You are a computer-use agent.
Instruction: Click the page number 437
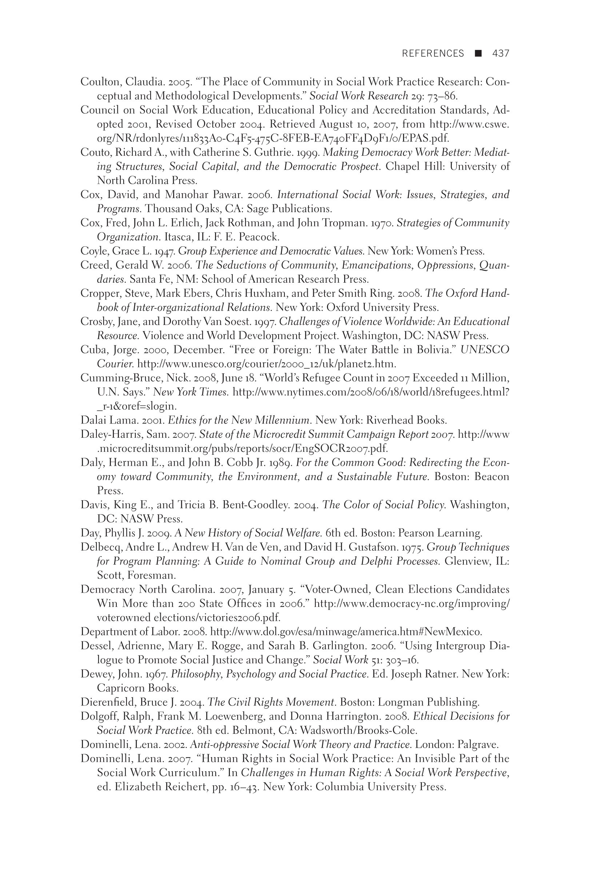click(501, 53)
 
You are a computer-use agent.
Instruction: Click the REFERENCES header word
click(432, 53)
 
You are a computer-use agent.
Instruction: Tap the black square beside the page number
click(478, 53)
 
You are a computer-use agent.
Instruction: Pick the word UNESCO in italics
click(485, 350)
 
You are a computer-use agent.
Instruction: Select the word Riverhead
click(382, 420)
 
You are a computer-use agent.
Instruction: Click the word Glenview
click(467, 561)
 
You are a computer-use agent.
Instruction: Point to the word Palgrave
click(477, 744)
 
